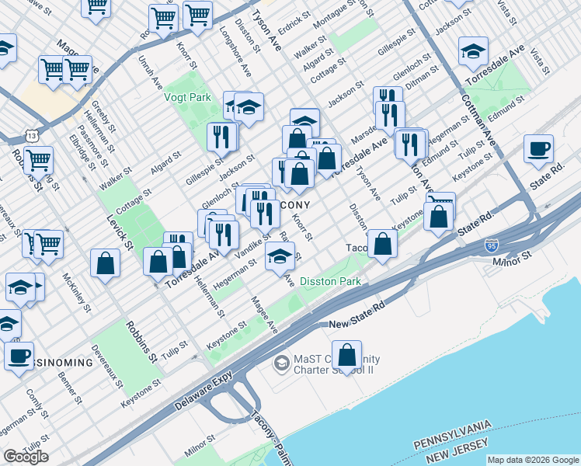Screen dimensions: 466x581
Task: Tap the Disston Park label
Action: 330,281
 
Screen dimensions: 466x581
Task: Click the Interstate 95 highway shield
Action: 492,245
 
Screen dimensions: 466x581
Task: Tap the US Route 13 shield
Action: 30,135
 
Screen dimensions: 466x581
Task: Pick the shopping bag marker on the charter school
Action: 347,354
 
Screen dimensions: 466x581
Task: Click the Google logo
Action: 26,457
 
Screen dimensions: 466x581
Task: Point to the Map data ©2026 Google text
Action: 533,460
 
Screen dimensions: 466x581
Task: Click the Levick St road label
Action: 120,232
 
